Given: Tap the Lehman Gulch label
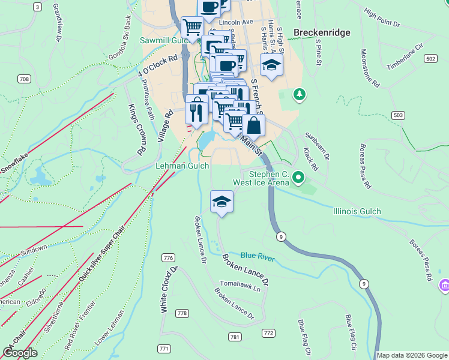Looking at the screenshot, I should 182,166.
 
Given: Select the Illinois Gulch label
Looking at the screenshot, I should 357,211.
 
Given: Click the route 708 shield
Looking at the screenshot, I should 24,79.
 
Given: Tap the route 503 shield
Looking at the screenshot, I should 398,114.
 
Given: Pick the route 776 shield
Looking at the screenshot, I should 168,258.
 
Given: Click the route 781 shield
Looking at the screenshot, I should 235,337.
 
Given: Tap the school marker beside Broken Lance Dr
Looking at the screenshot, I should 221,202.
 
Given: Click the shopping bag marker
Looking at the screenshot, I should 254,125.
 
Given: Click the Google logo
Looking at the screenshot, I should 20,353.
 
